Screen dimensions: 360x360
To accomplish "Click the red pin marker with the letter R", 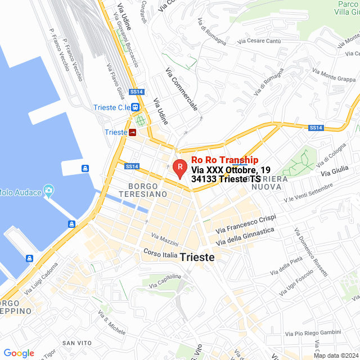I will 179,168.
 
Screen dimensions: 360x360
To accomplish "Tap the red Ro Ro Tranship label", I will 225,160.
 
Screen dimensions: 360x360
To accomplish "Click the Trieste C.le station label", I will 112,107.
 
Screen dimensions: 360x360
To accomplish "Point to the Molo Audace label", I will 20,192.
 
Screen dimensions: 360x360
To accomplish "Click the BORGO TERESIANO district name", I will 147,190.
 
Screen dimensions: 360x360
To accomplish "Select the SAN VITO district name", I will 76,343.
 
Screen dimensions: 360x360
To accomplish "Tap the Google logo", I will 19,353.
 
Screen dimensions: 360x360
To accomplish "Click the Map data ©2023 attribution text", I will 335,355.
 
